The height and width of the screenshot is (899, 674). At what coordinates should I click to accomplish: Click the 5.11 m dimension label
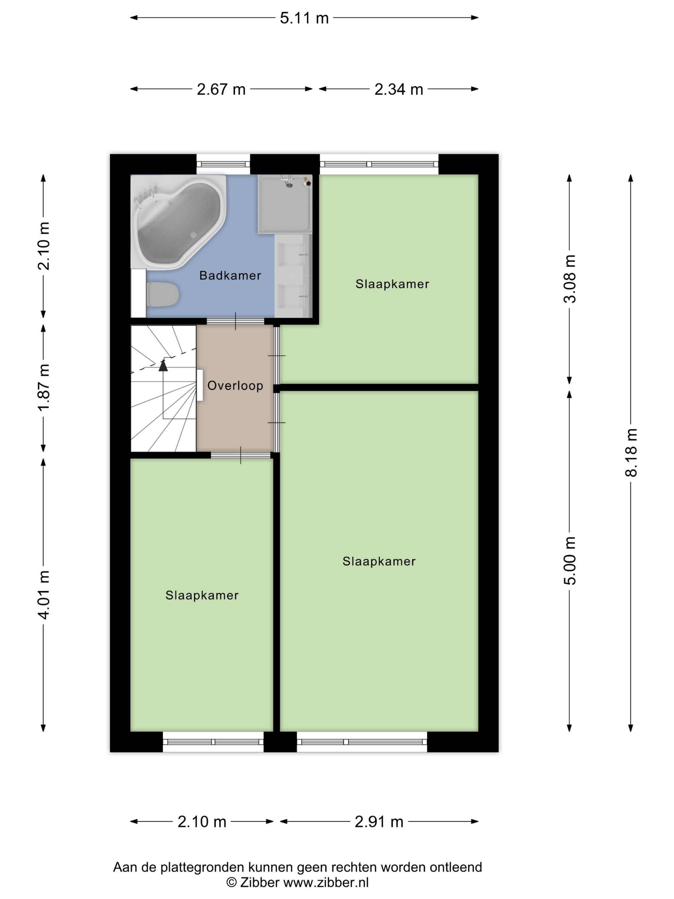(304, 18)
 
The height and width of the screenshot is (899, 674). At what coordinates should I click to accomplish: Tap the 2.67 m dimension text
(221, 89)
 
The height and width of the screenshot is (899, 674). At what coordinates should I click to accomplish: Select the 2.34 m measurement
(399, 89)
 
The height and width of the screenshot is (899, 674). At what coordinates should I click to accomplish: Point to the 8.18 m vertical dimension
(631, 452)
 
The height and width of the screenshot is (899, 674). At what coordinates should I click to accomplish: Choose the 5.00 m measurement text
(570, 561)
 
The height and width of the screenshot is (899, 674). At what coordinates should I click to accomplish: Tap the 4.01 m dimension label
(43, 595)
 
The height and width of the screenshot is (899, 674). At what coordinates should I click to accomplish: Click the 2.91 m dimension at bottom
(379, 822)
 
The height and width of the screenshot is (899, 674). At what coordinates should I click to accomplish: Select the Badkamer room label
(230, 275)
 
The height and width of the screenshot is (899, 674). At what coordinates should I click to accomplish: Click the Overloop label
(235, 385)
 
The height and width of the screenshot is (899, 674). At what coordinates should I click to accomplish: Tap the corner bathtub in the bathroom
(179, 222)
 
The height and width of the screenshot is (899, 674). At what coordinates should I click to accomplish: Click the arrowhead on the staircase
(163, 365)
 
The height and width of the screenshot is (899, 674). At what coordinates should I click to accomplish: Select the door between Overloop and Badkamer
(236, 321)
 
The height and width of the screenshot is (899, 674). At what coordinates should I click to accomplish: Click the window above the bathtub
(223, 164)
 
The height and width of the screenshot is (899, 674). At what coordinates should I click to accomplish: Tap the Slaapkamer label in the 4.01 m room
(202, 595)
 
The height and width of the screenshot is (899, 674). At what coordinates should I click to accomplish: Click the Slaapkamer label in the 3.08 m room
(392, 284)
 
